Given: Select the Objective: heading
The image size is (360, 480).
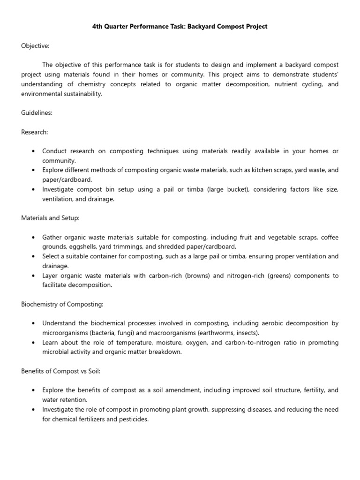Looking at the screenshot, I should tap(35, 45).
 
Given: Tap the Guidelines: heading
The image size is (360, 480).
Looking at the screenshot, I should tap(37, 113).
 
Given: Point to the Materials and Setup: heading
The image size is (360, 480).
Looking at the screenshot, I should tap(50, 218).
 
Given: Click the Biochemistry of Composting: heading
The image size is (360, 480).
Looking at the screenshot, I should tap(62, 304).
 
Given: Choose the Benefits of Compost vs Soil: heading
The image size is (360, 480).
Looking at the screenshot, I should tap(60, 371).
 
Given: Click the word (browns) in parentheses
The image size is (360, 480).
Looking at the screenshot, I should tap(194, 276).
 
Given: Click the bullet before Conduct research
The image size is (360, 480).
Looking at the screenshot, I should tap(33, 151).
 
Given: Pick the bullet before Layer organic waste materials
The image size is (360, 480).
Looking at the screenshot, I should tap(33, 276).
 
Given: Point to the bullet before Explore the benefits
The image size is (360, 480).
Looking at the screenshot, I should tap(33, 390).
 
